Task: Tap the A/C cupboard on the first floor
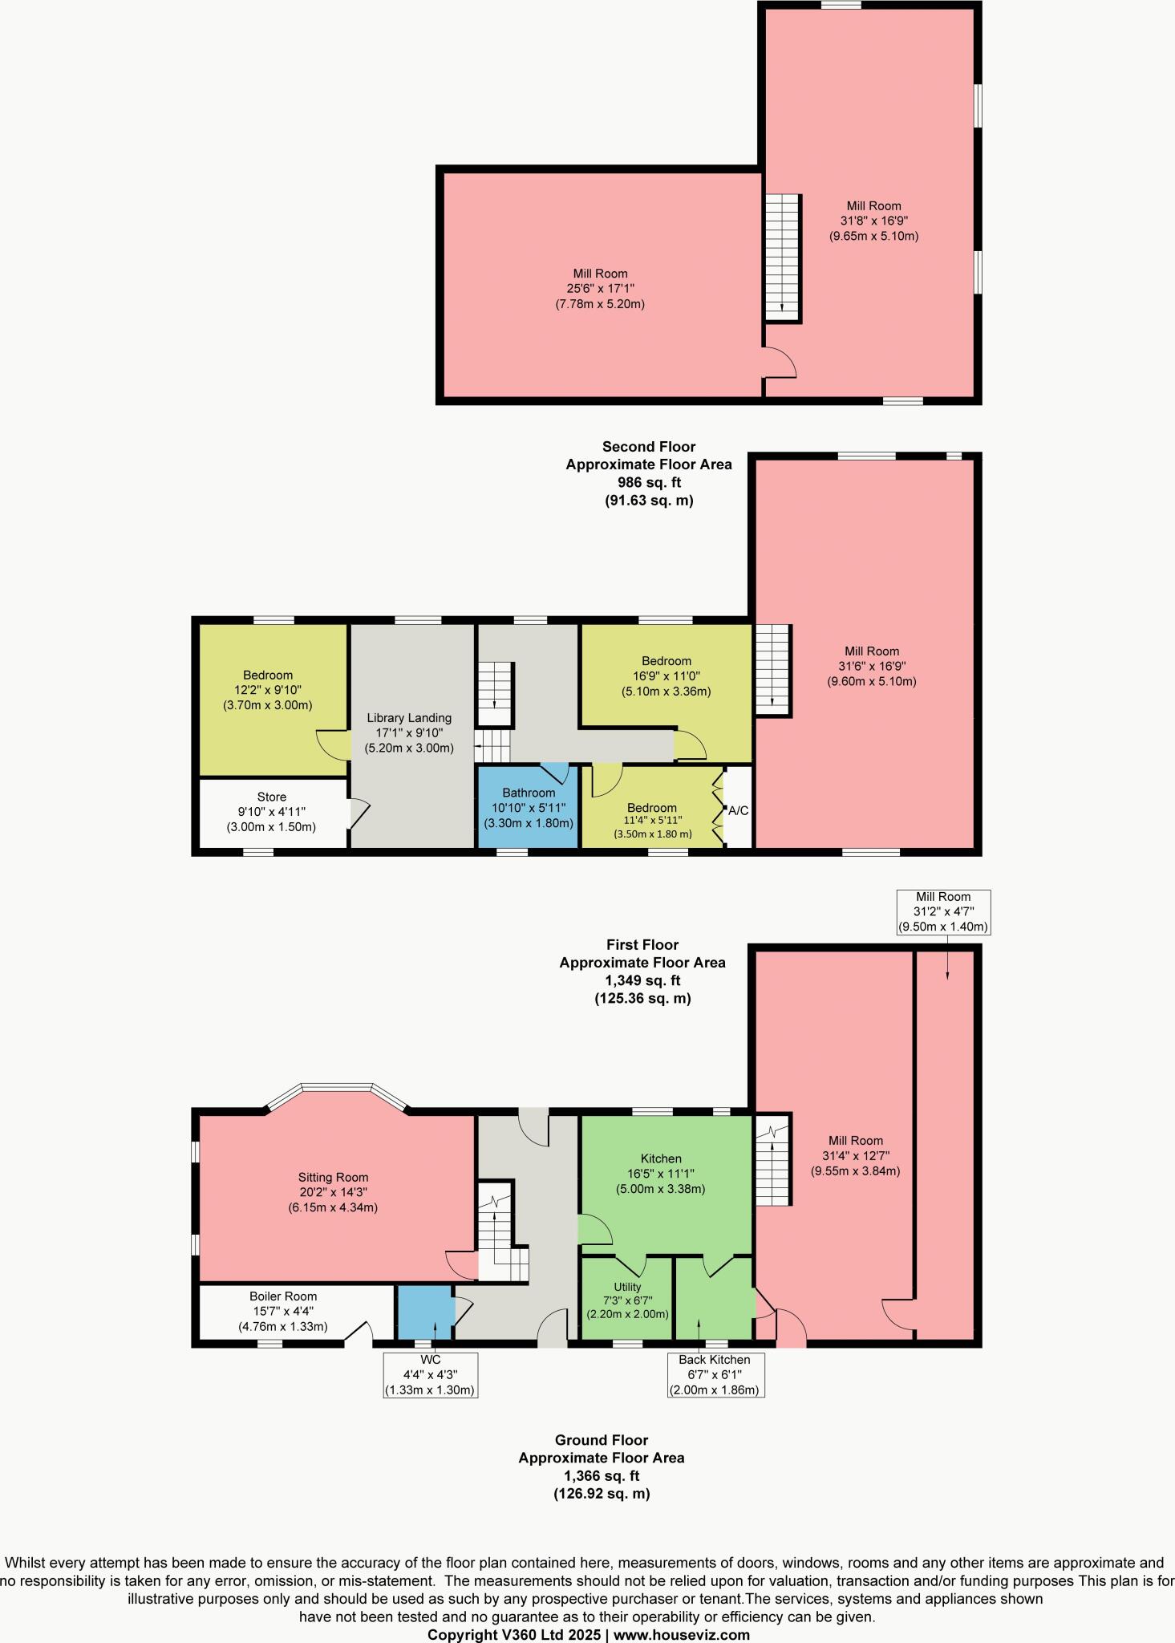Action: point(738,810)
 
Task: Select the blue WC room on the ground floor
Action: point(424,1312)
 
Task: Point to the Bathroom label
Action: point(529,793)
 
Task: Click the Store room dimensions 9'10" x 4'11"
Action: point(271,812)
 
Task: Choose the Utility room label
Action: point(628,1287)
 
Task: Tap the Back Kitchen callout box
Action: point(715,1374)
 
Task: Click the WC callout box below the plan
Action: point(431,1375)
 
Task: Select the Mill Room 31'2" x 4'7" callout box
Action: point(943,911)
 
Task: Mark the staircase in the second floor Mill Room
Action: point(782,257)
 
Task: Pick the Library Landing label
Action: point(409,717)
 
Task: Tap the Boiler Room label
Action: point(283,1296)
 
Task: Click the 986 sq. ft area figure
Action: point(648,482)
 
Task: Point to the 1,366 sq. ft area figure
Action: point(601,1475)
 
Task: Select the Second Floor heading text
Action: point(648,447)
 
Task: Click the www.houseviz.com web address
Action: point(683,1634)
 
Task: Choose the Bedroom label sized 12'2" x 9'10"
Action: point(268,675)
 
